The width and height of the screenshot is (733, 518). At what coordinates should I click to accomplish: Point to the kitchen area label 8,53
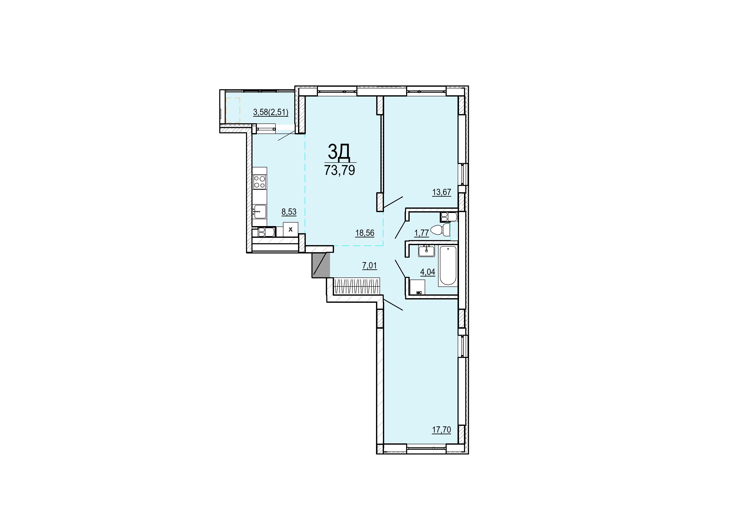point(289,212)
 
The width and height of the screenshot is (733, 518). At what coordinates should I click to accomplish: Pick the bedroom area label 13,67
point(441,192)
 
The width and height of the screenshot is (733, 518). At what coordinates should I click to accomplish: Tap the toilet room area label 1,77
point(421,233)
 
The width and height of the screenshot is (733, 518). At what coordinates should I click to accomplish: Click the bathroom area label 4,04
point(427,272)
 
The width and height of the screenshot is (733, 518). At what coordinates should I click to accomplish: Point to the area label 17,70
point(441,430)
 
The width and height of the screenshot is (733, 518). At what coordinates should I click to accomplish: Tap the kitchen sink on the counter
point(260,211)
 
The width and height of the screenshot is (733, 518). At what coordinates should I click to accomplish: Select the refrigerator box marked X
point(291,229)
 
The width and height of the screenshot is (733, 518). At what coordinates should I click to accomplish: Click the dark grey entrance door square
point(321,265)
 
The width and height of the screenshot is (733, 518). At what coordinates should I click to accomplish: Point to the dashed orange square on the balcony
point(233,110)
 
